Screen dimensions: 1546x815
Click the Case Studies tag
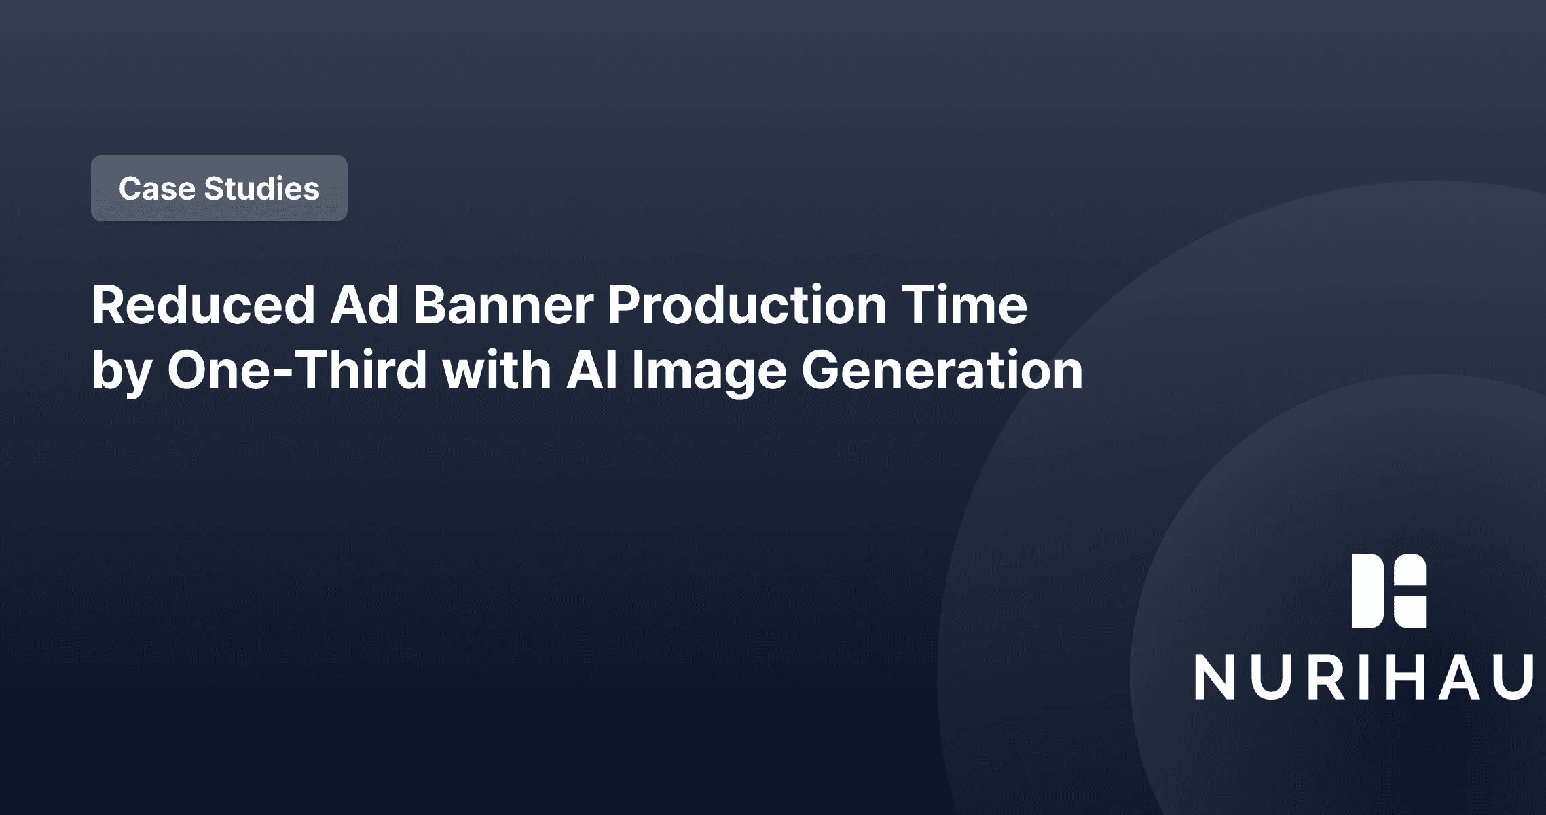(x=219, y=188)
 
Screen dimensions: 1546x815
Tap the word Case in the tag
(x=157, y=189)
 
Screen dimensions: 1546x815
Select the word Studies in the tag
(x=261, y=189)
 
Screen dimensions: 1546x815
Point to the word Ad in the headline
(x=364, y=305)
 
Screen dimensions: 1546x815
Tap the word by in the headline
(x=122, y=372)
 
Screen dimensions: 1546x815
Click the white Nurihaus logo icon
(x=1388, y=591)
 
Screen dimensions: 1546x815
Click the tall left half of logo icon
(x=1367, y=591)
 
